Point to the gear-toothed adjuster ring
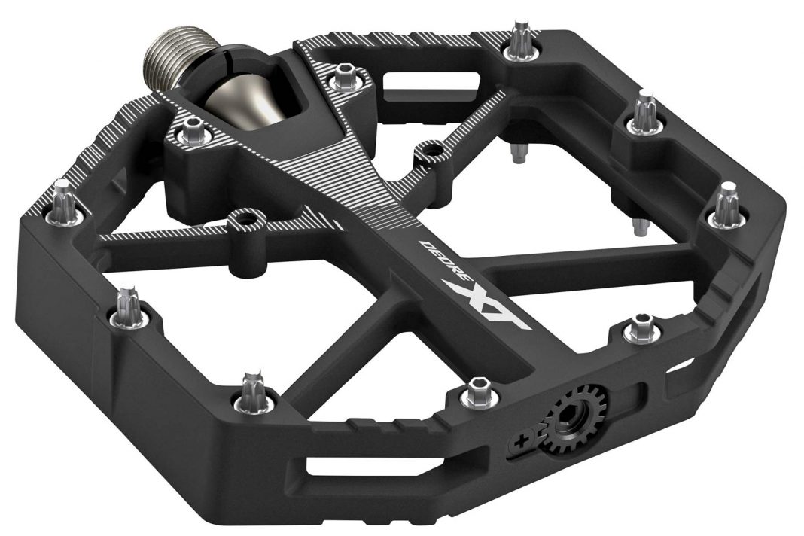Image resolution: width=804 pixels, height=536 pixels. (573, 417)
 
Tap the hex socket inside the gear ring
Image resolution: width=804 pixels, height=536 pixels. (574, 416)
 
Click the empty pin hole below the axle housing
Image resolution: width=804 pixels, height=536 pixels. (242, 221)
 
